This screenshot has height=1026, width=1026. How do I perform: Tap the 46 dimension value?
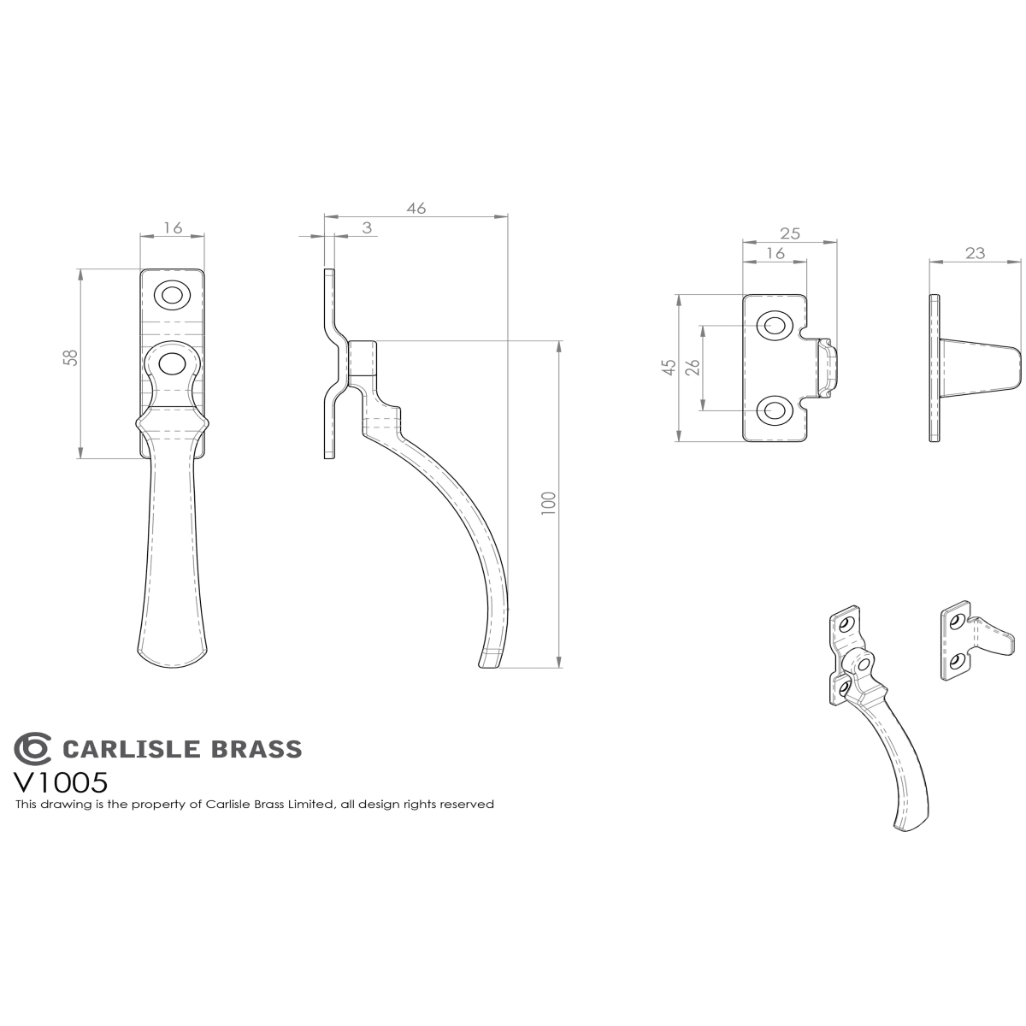click(416, 208)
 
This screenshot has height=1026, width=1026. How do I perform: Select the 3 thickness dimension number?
click(367, 228)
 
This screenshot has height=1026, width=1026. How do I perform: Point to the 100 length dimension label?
click(549, 503)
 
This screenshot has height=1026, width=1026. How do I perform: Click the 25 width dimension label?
click(790, 233)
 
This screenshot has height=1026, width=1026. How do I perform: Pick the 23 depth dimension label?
click(975, 253)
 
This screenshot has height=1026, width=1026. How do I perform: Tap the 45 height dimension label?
click(670, 367)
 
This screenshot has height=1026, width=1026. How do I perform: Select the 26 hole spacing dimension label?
click(693, 367)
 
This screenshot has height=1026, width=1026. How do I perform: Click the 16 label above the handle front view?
click(173, 228)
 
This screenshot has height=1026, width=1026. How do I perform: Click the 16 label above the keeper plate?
click(775, 253)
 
